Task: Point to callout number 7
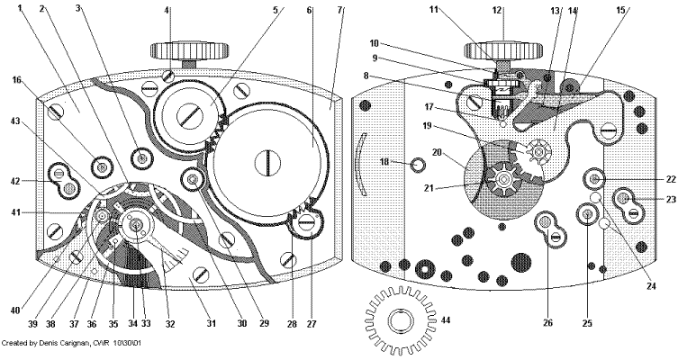click(340, 10)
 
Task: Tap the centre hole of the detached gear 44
click(400, 319)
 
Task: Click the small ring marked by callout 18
click(417, 165)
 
